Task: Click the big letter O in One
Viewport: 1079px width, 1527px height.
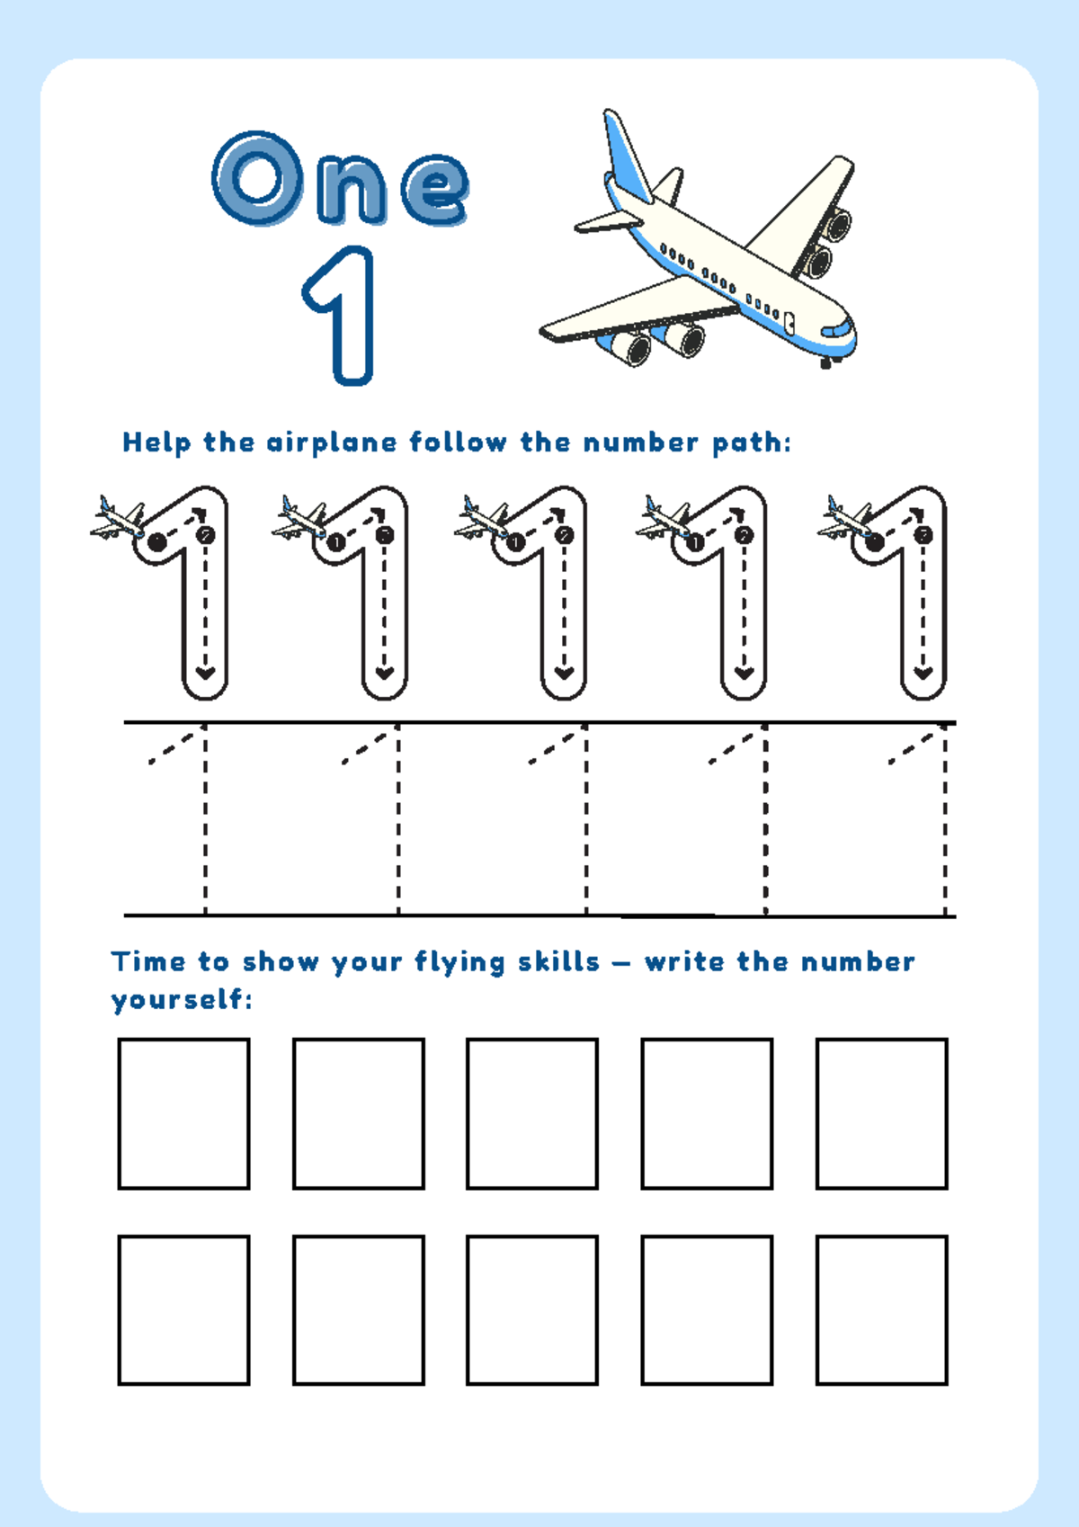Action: tap(256, 178)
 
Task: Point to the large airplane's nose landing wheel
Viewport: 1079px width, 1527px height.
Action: tap(826, 364)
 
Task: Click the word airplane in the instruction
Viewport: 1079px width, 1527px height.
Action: tap(332, 442)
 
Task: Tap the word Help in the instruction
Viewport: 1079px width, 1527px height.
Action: tap(156, 442)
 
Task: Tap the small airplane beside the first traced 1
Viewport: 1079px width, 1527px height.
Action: tap(117, 520)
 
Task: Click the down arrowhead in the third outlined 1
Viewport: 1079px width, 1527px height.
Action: tap(564, 673)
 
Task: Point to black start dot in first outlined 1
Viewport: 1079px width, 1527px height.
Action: tap(157, 541)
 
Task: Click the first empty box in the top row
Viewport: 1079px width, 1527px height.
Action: tap(183, 1113)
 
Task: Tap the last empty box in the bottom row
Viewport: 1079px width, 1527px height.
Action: tap(881, 1309)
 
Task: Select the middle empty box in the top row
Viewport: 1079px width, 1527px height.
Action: tap(532, 1113)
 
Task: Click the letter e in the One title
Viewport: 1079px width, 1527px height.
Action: tap(434, 189)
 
